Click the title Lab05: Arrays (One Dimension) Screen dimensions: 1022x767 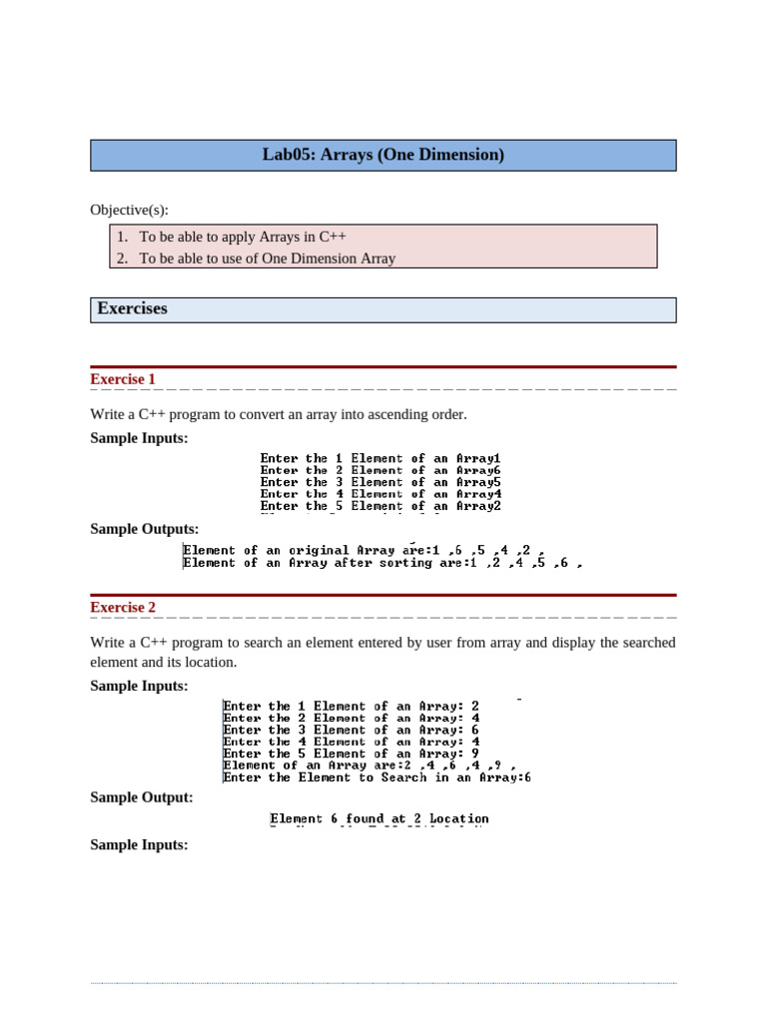(x=383, y=155)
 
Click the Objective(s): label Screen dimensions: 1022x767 (x=129, y=210)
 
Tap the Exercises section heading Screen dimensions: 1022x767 (x=132, y=309)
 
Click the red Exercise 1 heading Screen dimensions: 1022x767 (x=123, y=379)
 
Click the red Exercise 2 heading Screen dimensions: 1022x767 (x=123, y=607)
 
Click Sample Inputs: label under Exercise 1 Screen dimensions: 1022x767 (x=139, y=437)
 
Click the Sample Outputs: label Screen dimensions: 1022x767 (x=144, y=529)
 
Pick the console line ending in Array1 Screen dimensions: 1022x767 (x=381, y=458)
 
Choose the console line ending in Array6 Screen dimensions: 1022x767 (x=381, y=470)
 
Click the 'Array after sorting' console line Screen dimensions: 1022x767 (x=382, y=563)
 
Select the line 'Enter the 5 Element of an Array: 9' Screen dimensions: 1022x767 (x=351, y=754)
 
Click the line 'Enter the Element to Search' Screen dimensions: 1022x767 (x=377, y=777)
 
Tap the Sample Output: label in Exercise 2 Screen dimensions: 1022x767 (x=142, y=797)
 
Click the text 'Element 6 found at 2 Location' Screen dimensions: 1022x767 (x=380, y=819)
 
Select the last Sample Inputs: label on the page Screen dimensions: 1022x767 (x=139, y=844)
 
